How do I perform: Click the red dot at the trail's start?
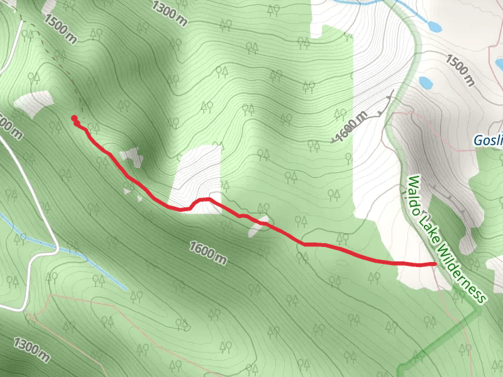click(x=74, y=118)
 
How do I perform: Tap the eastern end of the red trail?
click(x=435, y=264)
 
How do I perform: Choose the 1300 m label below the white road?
click(x=31, y=350)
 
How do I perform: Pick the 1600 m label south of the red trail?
click(x=207, y=251)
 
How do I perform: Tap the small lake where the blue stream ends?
click(x=433, y=26)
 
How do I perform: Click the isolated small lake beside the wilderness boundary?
click(x=425, y=82)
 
